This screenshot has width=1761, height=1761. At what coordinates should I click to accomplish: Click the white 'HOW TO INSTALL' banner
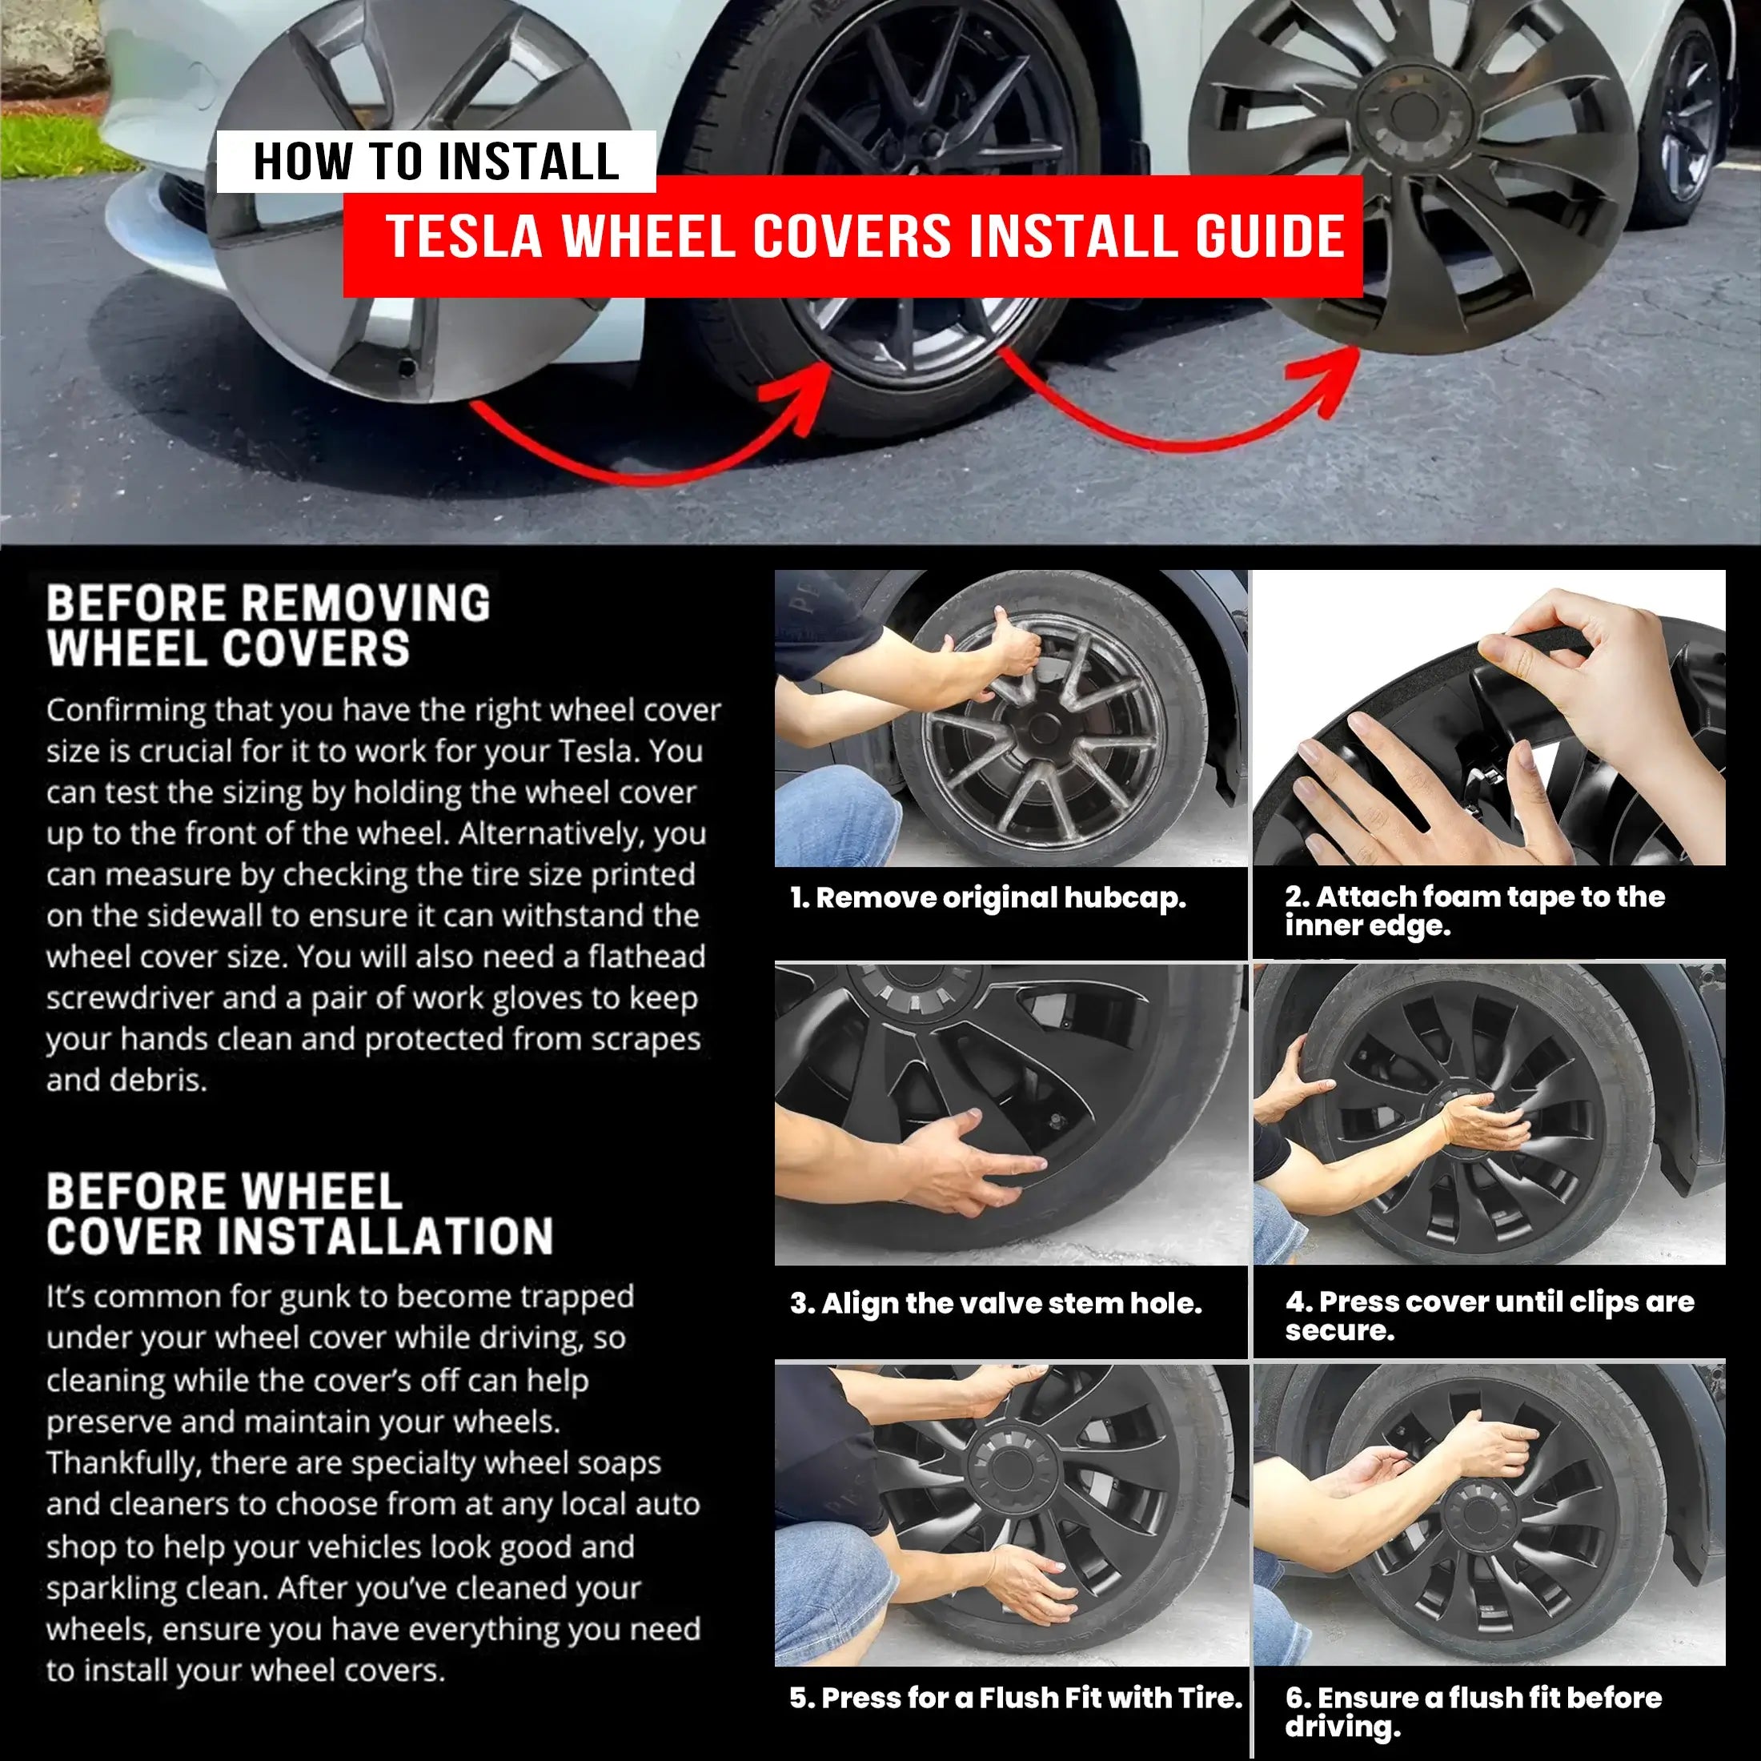(x=435, y=162)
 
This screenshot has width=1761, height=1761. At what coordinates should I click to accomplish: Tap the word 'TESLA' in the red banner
(x=465, y=236)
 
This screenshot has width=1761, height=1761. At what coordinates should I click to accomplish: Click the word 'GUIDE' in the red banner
(x=1270, y=236)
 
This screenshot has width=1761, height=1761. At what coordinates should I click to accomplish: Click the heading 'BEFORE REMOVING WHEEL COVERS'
(x=268, y=625)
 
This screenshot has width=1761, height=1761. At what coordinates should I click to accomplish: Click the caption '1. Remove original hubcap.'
(x=988, y=898)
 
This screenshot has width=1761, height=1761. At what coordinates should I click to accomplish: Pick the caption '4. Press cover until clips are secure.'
(x=1490, y=1315)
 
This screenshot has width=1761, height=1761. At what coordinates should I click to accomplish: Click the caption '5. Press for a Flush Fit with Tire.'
(x=1017, y=1698)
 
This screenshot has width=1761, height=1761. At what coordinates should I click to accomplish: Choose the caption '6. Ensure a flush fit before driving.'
(x=1473, y=1711)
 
